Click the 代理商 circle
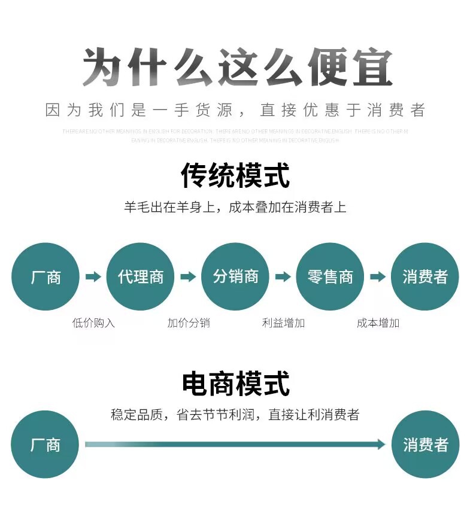(141, 276)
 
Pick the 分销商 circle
(235, 276)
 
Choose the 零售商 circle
(330, 276)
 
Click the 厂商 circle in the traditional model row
(46, 276)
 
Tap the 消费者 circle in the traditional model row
(425, 276)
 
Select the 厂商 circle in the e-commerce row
(46, 445)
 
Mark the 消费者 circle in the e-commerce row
(425, 445)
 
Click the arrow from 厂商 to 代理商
(93, 276)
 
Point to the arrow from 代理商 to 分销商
(188, 276)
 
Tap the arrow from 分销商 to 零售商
(283, 276)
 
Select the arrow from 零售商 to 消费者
(377, 276)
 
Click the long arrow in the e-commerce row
(235, 444)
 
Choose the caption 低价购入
(93, 323)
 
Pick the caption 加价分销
(188, 323)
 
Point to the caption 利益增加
(283, 323)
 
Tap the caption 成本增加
(378, 323)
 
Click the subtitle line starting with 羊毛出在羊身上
(235, 208)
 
